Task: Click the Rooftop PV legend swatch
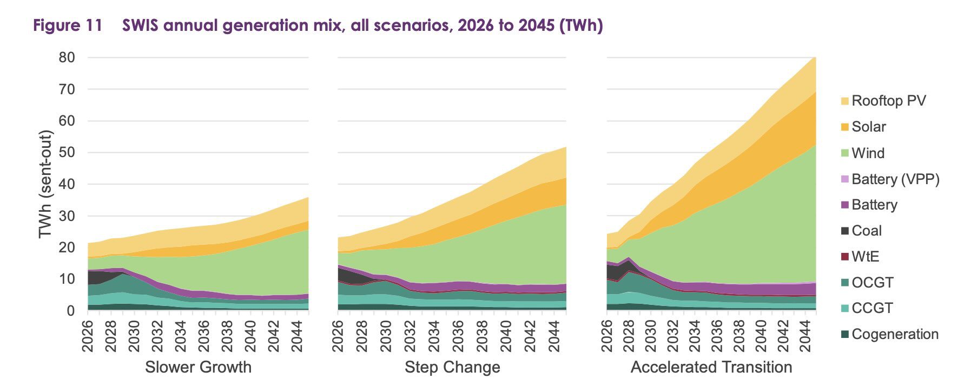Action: coord(844,101)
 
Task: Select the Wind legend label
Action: coord(868,153)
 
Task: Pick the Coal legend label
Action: coord(867,231)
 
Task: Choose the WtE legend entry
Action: coord(864,257)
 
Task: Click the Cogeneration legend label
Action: coord(895,334)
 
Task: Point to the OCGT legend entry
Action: coord(872,283)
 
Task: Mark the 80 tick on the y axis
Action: coord(67,57)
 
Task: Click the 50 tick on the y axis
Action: coord(67,152)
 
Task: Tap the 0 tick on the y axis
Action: coord(71,311)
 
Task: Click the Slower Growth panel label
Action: coord(198,367)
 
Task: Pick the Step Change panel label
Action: coord(452,367)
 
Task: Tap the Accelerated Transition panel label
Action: coord(711,367)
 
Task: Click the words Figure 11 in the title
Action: coord(68,25)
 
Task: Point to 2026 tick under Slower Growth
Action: coord(88,335)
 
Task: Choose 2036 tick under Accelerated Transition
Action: coord(717,335)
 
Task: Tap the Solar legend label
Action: coord(868,127)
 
